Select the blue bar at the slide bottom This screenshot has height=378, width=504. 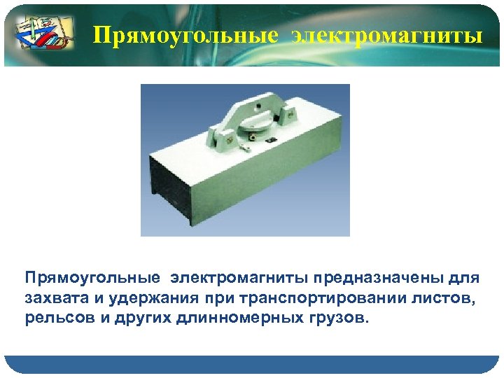coord(252,365)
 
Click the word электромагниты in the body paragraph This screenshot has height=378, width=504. coord(238,278)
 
